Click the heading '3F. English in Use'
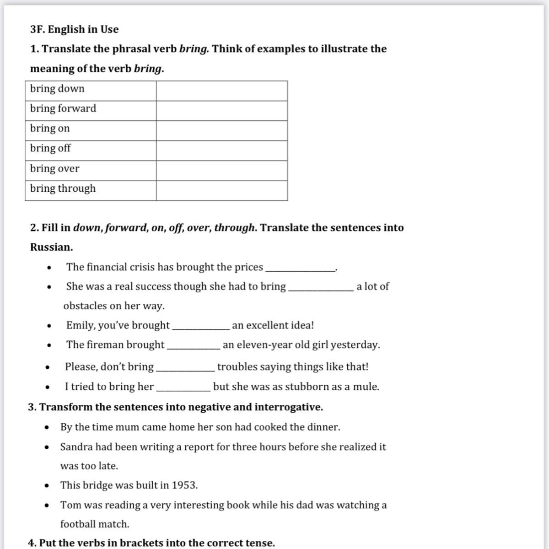[x=74, y=29]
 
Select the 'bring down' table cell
[x=90, y=89]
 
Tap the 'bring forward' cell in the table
[x=90, y=109]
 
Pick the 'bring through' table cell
[x=90, y=188]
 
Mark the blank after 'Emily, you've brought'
[x=200, y=326]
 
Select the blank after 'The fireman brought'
[x=194, y=346]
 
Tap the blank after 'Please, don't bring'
[x=185, y=368]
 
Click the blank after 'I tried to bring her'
[x=183, y=388]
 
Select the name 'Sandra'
[x=76, y=447]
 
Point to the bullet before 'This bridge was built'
[x=47, y=486]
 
